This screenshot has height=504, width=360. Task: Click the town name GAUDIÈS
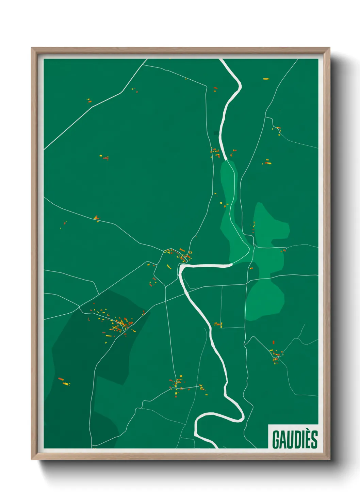(x=295, y=439)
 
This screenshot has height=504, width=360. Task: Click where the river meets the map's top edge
(x=222, y=60)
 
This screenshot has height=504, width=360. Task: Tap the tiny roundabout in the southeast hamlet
(x=278, y=357)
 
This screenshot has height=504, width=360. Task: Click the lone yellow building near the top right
(x=266, y=79)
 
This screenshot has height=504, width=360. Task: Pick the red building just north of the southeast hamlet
(x=273, y=342)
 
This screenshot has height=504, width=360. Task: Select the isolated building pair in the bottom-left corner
(x=64, y=382)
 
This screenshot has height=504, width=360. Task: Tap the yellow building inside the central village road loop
(x=168, y=266)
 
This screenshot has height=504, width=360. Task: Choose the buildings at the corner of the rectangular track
(x=218, y=324)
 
